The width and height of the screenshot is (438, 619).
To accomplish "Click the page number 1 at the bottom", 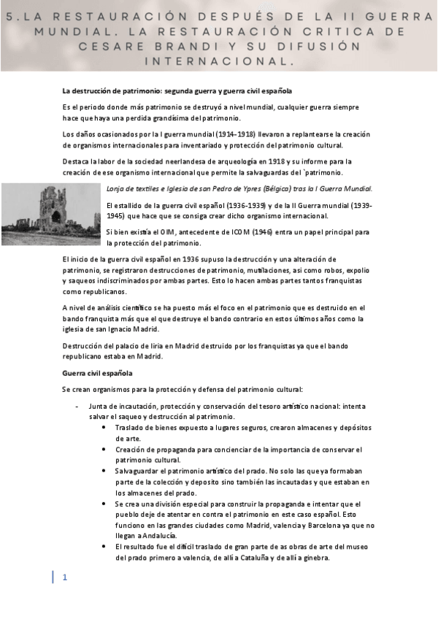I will tap(65, 577).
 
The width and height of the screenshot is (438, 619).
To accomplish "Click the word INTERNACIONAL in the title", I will tap(218, 62).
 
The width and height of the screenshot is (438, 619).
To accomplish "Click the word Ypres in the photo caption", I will tap(253, 189).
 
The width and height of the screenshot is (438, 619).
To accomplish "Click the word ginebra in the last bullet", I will tap(317, 558).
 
